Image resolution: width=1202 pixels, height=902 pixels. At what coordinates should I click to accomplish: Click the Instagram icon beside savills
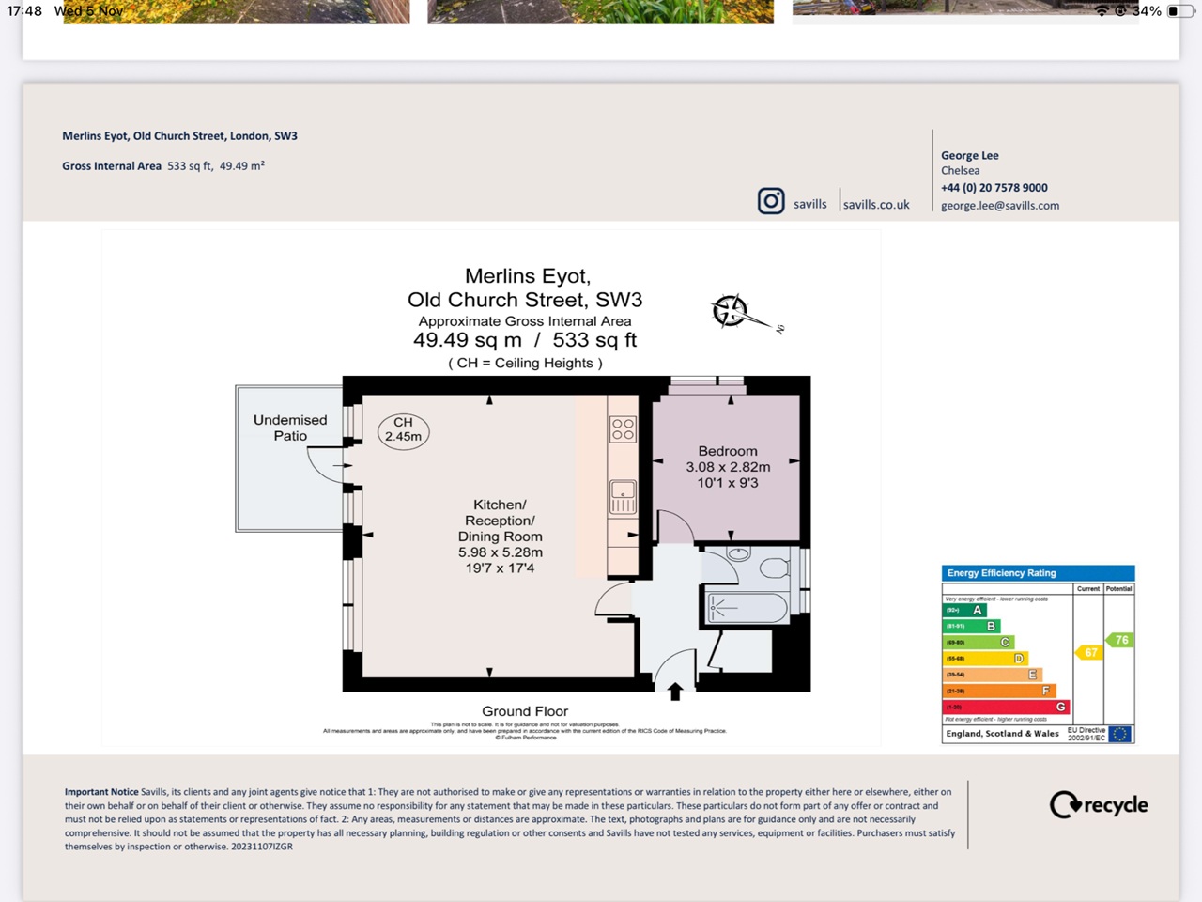(x=771, y=201)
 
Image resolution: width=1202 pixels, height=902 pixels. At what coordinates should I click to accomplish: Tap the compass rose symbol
(x=731, y=310)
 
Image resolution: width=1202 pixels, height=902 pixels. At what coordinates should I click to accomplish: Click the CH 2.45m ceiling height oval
(x=403, y=430)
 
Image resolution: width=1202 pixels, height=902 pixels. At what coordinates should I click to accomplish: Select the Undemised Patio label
(x=290, y=428)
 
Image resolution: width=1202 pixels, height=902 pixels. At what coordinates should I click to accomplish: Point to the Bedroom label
(x=727, y=452)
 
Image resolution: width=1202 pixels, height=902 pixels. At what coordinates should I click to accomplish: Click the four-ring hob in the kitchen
(x=623, y=429)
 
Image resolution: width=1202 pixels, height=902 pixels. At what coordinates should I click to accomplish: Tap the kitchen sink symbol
(x=623, y=496)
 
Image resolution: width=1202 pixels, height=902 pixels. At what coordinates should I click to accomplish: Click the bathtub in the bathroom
(x=747, y=608)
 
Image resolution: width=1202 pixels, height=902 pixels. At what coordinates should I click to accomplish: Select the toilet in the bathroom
(x=774, y=568)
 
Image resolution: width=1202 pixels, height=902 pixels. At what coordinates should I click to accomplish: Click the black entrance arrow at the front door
(x=675, y=692)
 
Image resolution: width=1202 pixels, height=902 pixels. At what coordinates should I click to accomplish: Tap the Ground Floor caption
(x=525, y=711)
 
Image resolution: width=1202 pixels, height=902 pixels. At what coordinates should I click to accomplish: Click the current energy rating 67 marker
(x=1088, y=652)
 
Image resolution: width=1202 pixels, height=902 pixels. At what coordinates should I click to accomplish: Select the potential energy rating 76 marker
(x=1119, y=640)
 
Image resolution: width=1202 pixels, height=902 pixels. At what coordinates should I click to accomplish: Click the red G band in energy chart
(x=1006, y=707)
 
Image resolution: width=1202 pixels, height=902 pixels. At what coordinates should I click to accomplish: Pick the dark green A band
(x=964, y=610)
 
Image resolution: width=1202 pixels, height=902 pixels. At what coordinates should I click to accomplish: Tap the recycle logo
(x=1099, y=805)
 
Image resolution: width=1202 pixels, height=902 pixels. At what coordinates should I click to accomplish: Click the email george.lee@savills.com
(x=1000, y=206)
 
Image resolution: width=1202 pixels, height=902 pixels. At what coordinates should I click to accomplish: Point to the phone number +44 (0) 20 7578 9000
(x=994, y=188)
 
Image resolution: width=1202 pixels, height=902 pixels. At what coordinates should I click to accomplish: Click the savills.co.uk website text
(x=876, y=205)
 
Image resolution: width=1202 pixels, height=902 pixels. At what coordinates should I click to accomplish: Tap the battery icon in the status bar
(x=1178, y=11)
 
